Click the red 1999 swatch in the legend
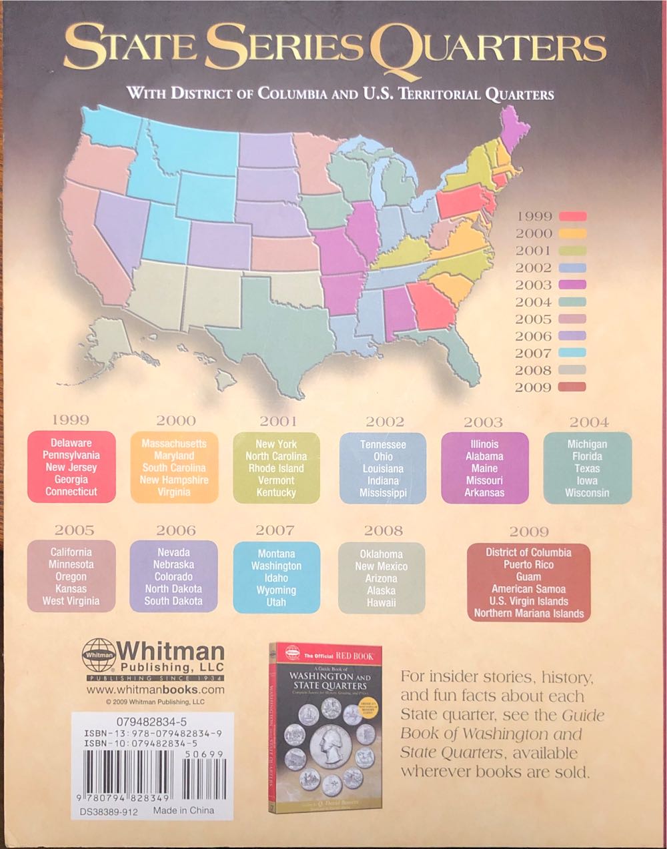[x=572, y=216]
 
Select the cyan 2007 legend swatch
[x=572, y=353]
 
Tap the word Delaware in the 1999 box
[x=71, y=443]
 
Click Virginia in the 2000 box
[x=174, y=492]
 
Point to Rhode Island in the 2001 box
[x=276, y=468]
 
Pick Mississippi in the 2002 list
[x=383, y=493]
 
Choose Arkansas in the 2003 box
[x=484, y=493]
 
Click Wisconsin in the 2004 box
[x=587, y=493]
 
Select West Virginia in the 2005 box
[x=71, y=601]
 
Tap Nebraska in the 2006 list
[x=173, y=564]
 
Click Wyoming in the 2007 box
[x=276, y=590]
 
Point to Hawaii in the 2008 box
[x=381, y=603]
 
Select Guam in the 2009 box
[x=528, y=577]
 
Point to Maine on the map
[x=512, y=127]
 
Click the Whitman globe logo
[x=98, y=656]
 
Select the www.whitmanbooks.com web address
[x=155, y=690]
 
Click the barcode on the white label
[x=151, y=778]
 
